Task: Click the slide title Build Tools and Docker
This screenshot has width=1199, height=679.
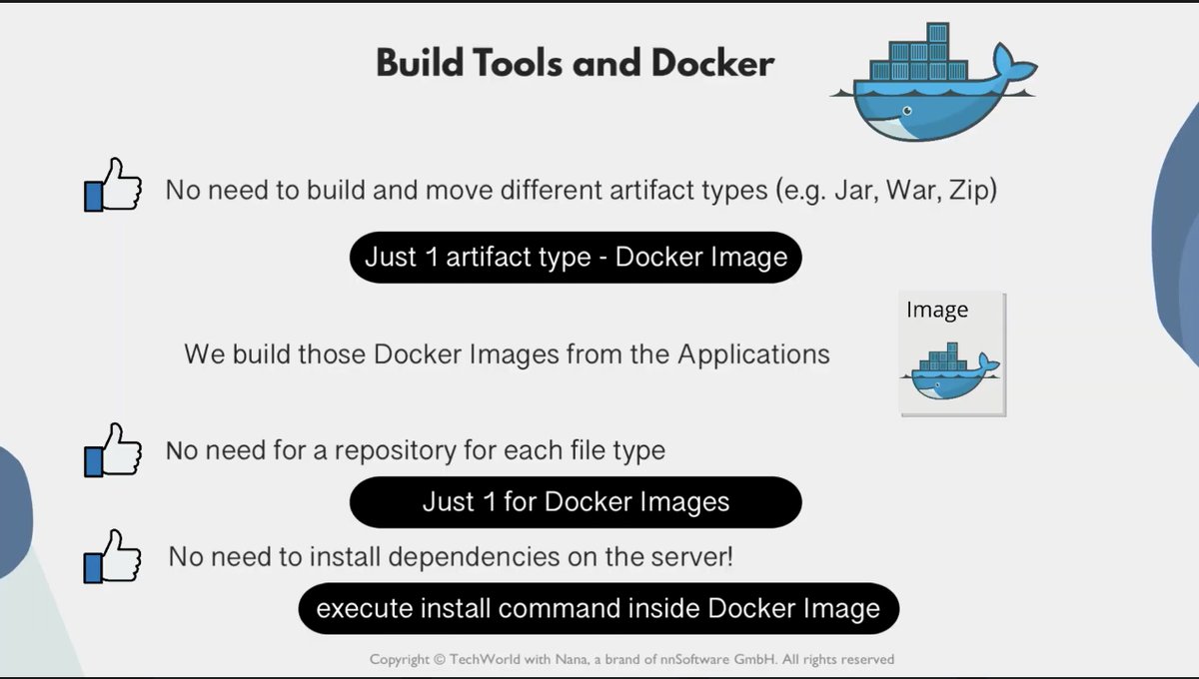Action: tap(575, 64)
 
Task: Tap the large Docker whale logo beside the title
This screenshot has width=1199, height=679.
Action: tap(924, 90)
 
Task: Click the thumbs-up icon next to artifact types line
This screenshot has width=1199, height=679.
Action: tap(112, 185)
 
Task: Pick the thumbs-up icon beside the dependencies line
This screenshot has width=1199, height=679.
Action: tap(112, 556)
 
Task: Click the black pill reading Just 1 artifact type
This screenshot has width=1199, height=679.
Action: tap(576, 258)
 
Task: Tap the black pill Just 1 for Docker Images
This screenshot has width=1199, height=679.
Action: tap(576, 501)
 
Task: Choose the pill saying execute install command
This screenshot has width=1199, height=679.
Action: tap(599, 608)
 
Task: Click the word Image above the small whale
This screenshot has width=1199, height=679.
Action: tap(936, 311)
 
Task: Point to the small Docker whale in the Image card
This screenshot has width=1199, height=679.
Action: tap(950, 371)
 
